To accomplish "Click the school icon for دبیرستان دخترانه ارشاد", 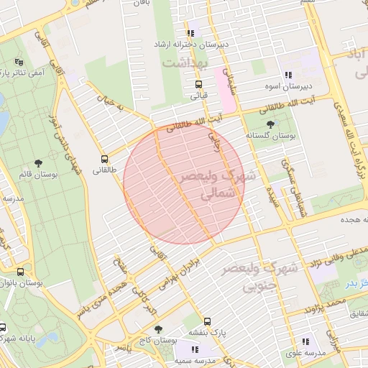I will tap(190, 33).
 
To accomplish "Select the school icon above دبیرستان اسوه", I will tap(288, 75).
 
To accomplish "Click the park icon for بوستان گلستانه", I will tap(270, 124).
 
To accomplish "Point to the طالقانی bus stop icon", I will tap(105, 160).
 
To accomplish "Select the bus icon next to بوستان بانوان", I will tap(20, 272).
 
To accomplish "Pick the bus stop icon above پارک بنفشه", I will tap(208, 321).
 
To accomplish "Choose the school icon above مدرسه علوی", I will tap(305, 342).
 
